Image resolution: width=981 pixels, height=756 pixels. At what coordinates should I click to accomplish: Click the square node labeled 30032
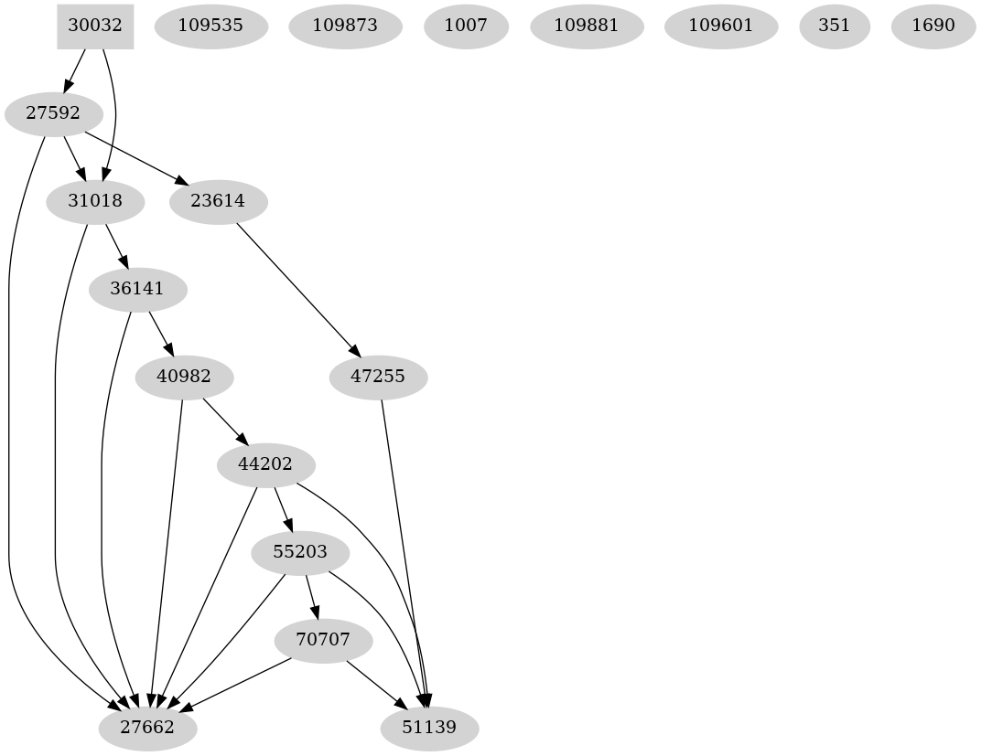click(x=95, y=26)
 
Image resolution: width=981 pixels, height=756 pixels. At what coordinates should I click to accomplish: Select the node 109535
click(x=211, y=26)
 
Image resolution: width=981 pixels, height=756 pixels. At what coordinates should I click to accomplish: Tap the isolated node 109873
click(x=345, y=26)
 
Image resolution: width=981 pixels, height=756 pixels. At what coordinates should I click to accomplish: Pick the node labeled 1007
click(x=466, y=26)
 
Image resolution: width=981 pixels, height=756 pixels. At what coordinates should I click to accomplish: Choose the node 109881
click(x=587, y=26)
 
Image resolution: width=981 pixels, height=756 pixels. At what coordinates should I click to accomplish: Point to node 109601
click(x=721, y=26)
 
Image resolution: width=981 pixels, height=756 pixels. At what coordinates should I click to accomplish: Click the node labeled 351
click(x=835, y=26)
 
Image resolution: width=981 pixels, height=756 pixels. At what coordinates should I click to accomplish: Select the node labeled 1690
click(x=933, y=26)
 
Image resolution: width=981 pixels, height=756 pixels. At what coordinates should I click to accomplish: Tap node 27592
click(x=53, y=114)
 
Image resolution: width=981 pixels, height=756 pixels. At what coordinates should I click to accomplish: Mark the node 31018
click(x=95, y=201)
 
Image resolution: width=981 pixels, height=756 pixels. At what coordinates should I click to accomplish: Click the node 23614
click(x=218, y=201)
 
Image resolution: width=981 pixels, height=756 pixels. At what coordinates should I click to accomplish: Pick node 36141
click(x=137, y=289)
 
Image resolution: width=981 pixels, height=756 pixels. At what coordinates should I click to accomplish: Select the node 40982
click(x=184, y=377)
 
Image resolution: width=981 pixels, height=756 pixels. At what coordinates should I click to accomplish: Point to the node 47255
click(x=378, y=377)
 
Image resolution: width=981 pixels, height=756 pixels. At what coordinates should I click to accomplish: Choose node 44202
click(x=265, y=464)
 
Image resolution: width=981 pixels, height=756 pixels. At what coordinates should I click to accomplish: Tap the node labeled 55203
click(x=299, y=552)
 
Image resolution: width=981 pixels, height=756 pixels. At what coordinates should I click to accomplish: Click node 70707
click(x=324, y=640)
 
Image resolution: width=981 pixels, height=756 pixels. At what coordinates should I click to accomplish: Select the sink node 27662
click(x=148, y=729)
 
